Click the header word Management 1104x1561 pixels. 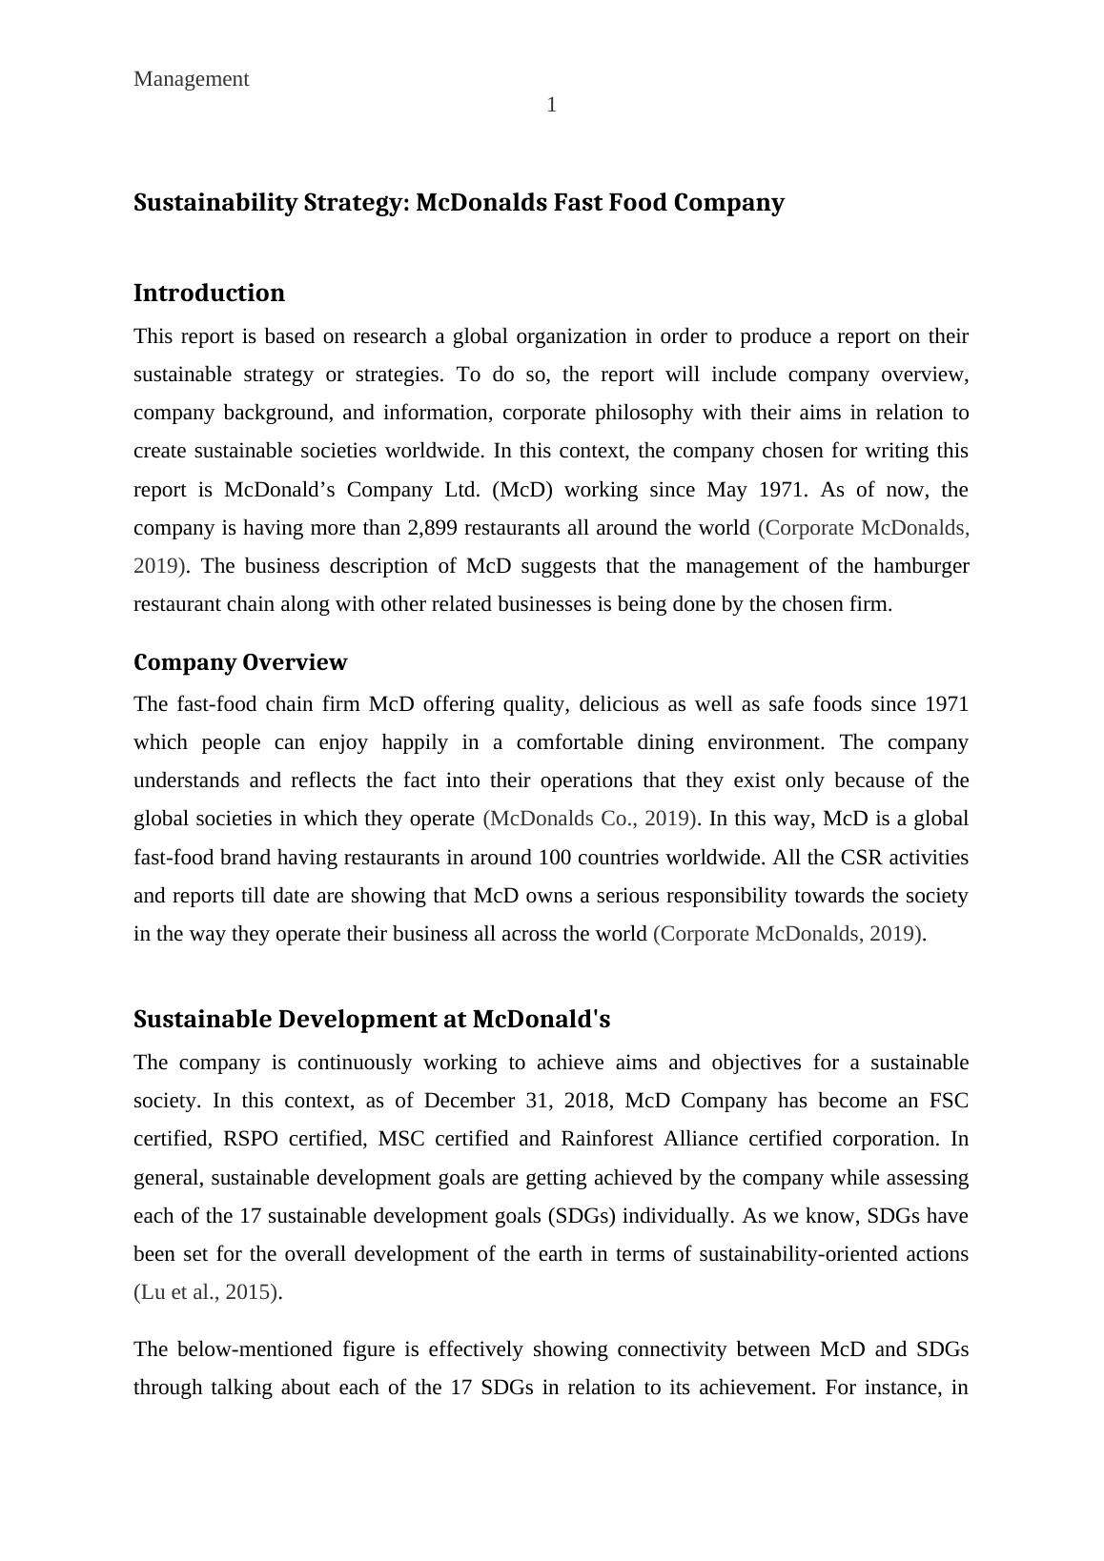[x=191, y=79]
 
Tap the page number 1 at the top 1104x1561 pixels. [x=551, y=105]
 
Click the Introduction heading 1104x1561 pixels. [x=209, y=293]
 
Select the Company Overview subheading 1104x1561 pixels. [x=240, y=662]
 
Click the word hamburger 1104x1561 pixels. [x=920, y=566]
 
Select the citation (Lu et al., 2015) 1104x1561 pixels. [x=207, y=1292]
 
